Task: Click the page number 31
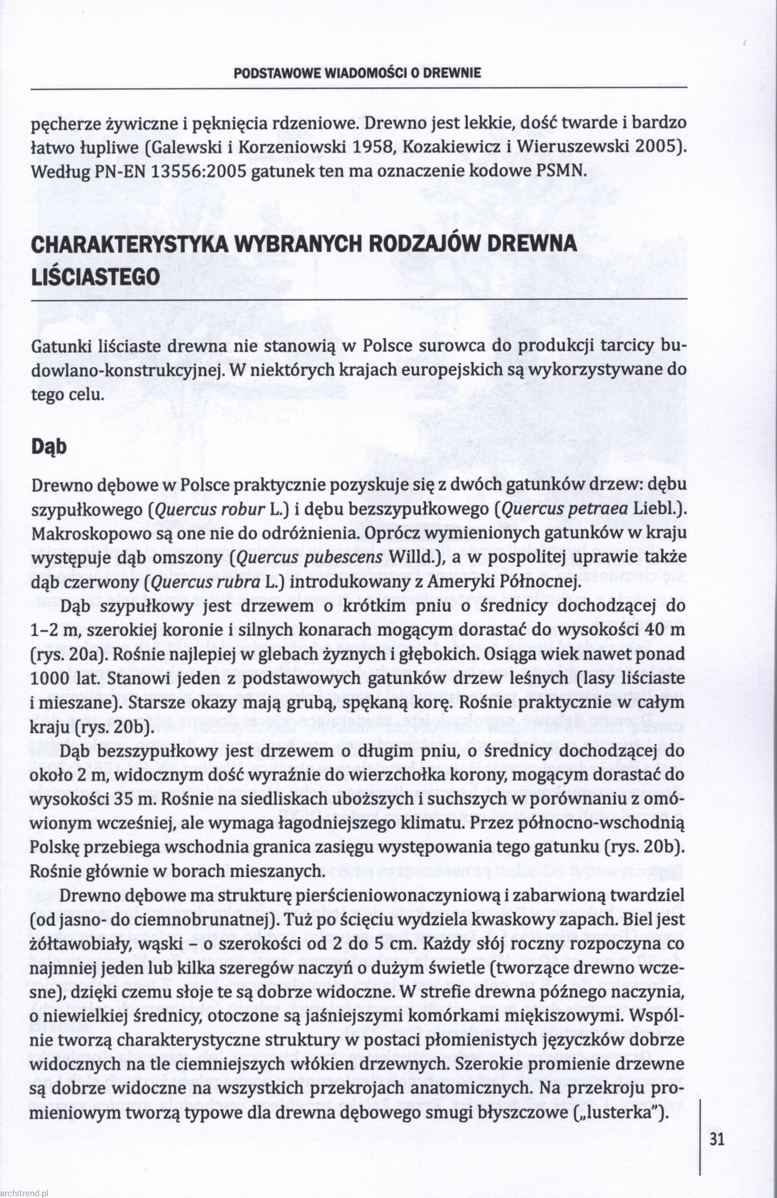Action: [x=717, y=1139]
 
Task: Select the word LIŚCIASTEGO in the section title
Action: [x=95, y=276]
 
